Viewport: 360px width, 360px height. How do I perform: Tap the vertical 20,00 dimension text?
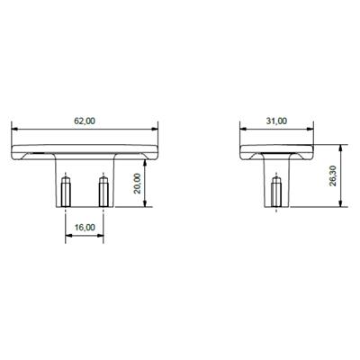tap(138, 184)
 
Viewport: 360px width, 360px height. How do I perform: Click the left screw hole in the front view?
tap(66, 191)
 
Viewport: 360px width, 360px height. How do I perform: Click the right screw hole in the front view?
tap(103, 191)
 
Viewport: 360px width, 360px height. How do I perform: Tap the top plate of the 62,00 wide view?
tap(84, 148)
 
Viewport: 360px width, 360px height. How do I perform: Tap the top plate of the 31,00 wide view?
tap(277, 148)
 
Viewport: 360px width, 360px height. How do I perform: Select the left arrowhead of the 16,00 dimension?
tap(68, 236)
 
